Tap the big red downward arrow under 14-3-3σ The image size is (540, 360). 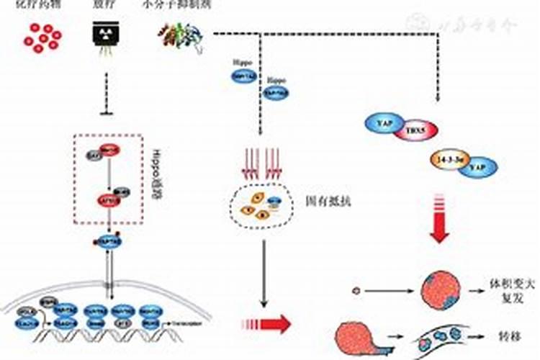pos(440,222)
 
